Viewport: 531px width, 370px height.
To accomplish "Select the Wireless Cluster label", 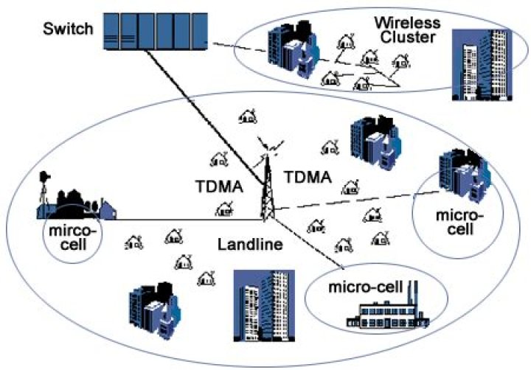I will click(x=409, y=29).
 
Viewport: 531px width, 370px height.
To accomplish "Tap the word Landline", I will click(x=250, y=243).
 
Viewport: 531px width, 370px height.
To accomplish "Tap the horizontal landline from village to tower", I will click(x=184, y=219).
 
